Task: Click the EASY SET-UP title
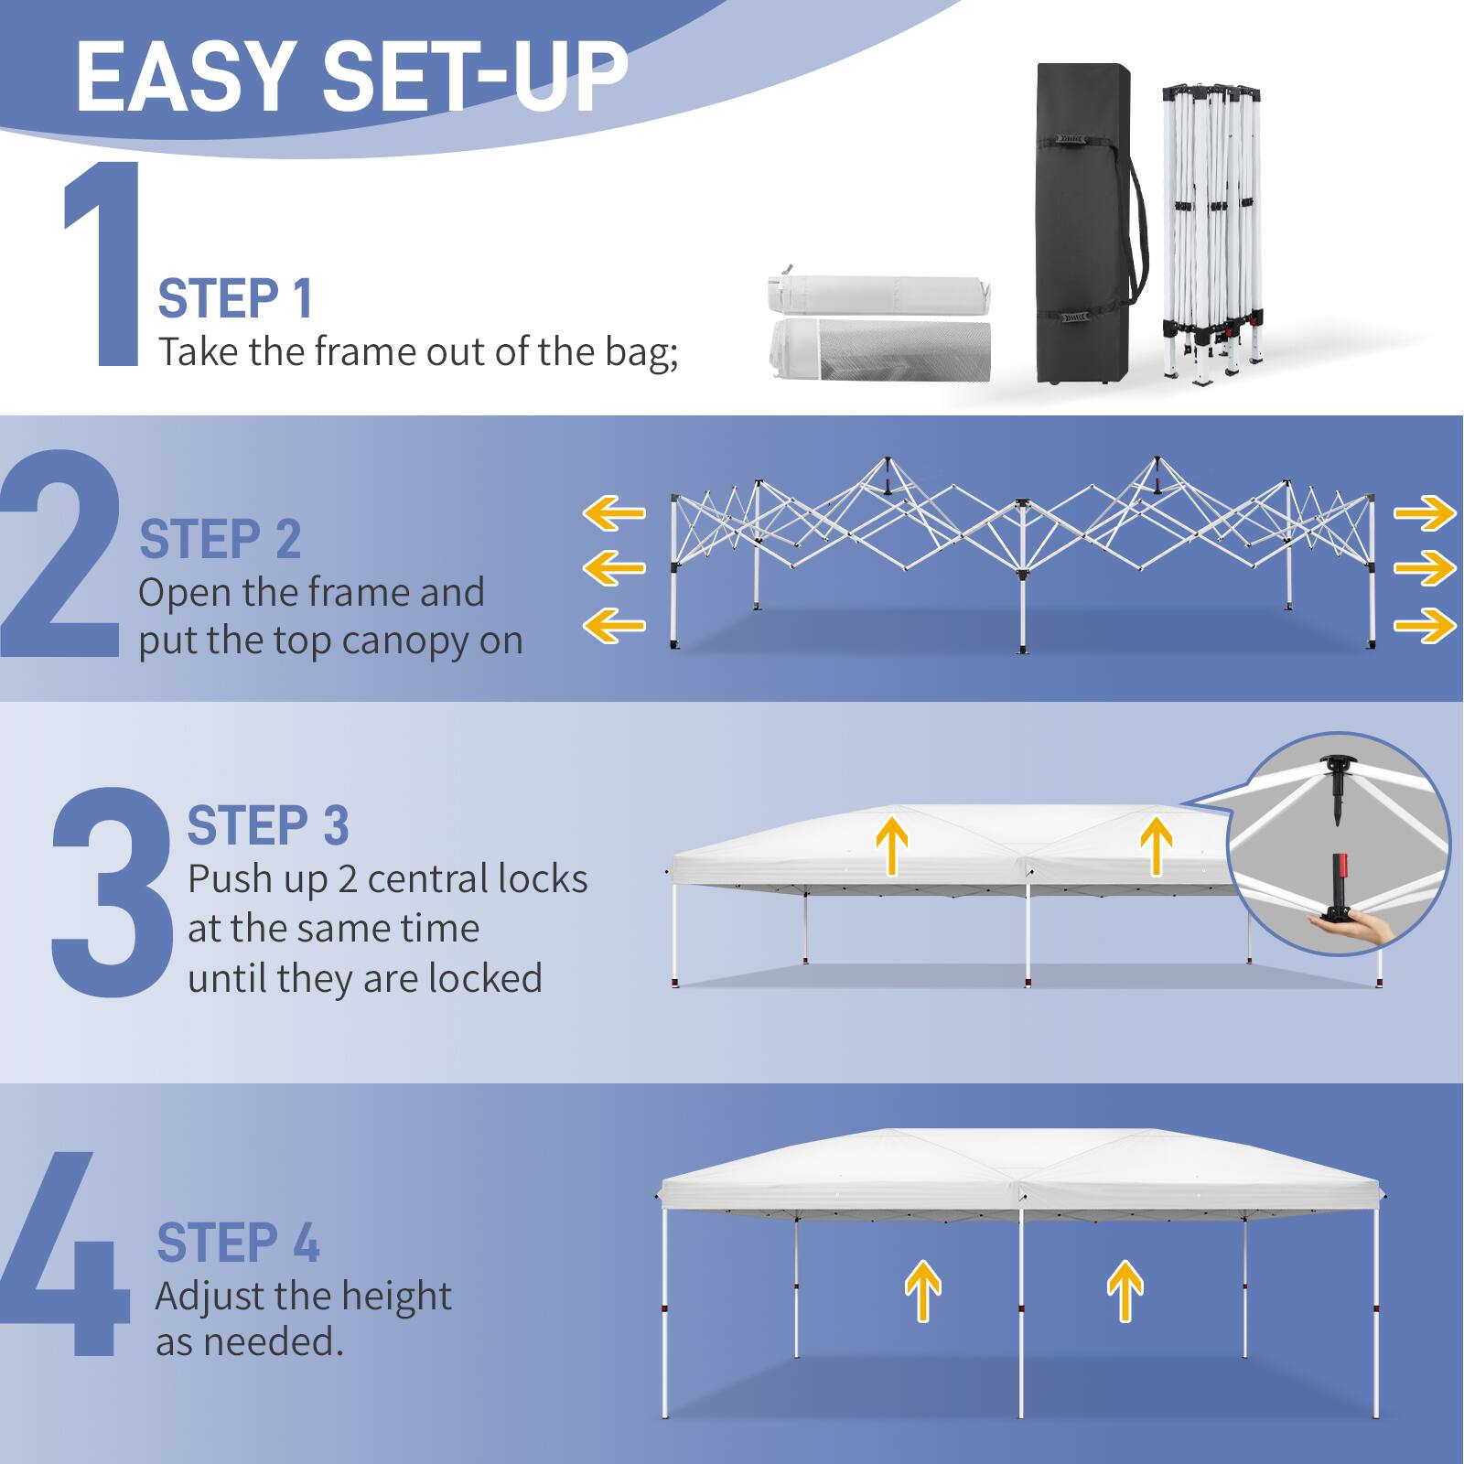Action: (x=352, y=78)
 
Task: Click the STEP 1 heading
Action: (x=235, y=299)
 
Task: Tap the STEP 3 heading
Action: (x=268, y=826)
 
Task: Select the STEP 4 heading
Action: (x=238, y=1243)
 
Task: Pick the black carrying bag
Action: (x=1082, y=224)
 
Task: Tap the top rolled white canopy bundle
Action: (x=878, y=293)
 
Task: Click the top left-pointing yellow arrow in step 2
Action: (x=615, y=513)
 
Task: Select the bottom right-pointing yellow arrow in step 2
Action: (x=1424, y=627)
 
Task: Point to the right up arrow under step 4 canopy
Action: (x=1125, y=1290)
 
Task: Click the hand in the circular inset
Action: (x=1359, y=928)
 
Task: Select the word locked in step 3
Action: (x=485, y=979)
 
